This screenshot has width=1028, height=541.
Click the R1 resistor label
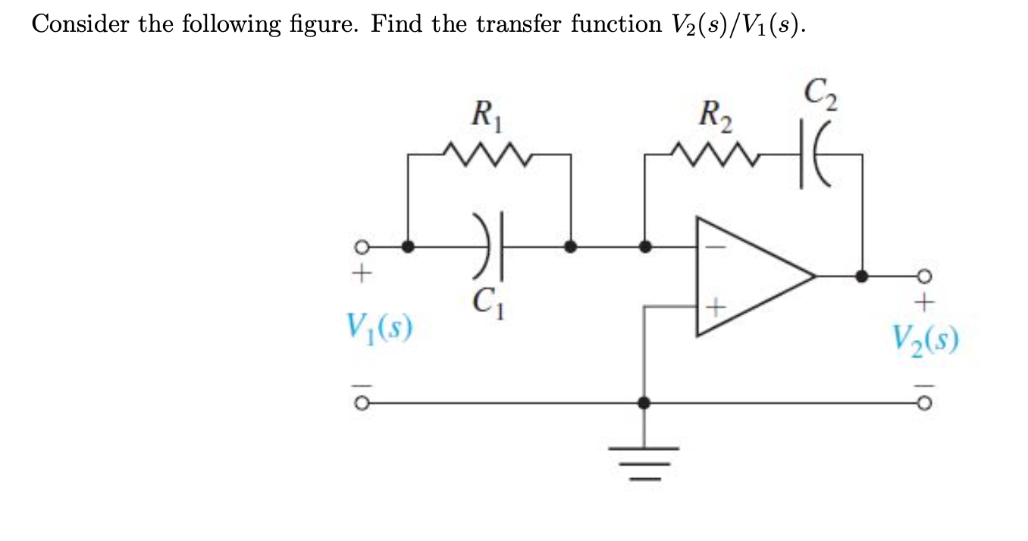coord(485,118)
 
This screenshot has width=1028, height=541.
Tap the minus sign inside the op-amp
coord(717,246)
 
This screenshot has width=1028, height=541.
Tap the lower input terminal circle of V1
coord(362,403)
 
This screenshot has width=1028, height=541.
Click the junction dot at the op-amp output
coord(861,276)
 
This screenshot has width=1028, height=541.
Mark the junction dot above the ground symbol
coord(644,403)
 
